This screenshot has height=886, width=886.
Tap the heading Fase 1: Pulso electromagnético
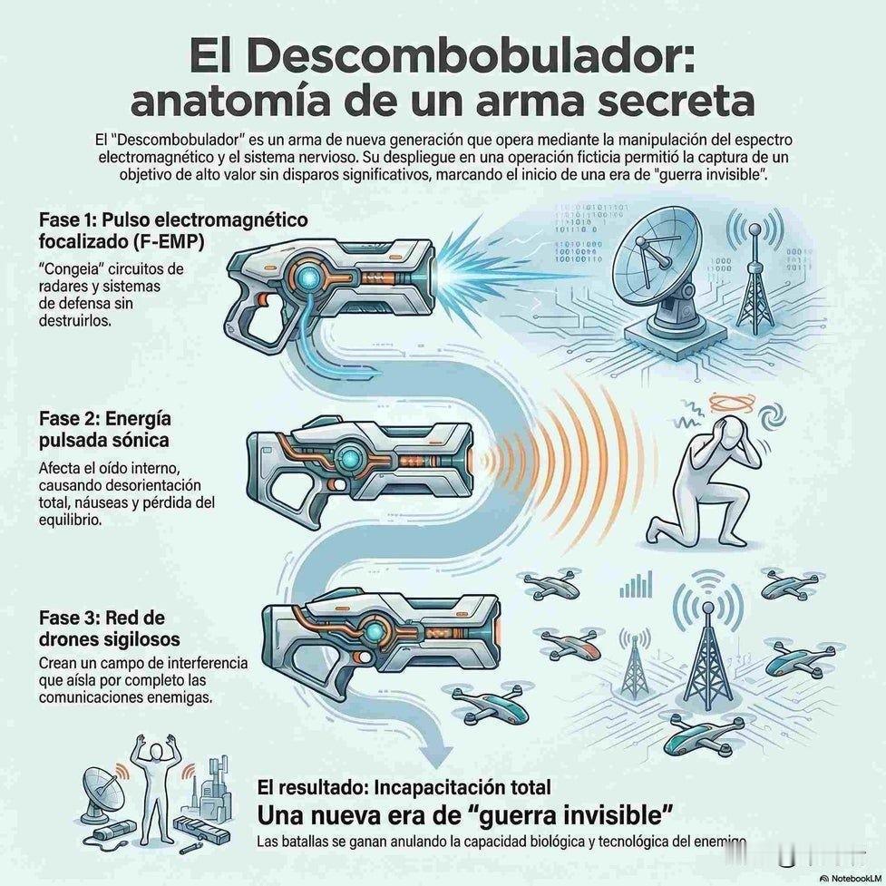172,220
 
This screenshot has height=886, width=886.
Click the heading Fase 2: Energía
105,421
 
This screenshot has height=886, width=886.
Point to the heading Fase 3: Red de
102,618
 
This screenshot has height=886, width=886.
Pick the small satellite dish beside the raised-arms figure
100,788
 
